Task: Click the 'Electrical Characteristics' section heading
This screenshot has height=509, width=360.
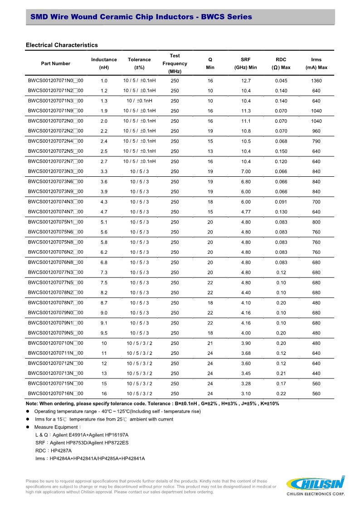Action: coord(62,45)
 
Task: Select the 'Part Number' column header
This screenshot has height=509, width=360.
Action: coord(56,63)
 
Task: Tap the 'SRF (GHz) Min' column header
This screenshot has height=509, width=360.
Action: coord(245,63)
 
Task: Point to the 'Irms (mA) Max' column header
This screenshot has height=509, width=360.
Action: coord(316,63)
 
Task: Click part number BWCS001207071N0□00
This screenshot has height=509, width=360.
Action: coord(56,81)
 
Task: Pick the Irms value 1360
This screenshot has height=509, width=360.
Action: coord(316,81)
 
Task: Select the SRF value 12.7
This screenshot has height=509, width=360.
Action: coord(246,81)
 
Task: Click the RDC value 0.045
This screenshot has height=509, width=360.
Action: coord(281,81)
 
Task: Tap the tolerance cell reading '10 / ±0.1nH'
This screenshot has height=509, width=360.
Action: coord(140,101)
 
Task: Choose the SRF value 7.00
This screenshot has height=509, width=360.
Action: coord(246,171)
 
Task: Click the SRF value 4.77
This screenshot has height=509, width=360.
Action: coord(246,212)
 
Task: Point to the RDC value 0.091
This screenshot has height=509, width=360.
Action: coord(281,202)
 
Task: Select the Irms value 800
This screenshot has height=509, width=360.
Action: coord(316,222)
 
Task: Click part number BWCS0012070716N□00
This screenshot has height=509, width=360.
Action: coord(56,393)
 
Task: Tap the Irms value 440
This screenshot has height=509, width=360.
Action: coord(316,373)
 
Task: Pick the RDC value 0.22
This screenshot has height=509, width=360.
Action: coord(281,393)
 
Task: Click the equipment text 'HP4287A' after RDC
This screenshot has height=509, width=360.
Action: coord(61,450)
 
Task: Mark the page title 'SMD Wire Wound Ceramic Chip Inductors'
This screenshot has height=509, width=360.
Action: coord(112,17)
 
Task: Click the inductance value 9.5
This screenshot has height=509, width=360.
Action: coord(104,333)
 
